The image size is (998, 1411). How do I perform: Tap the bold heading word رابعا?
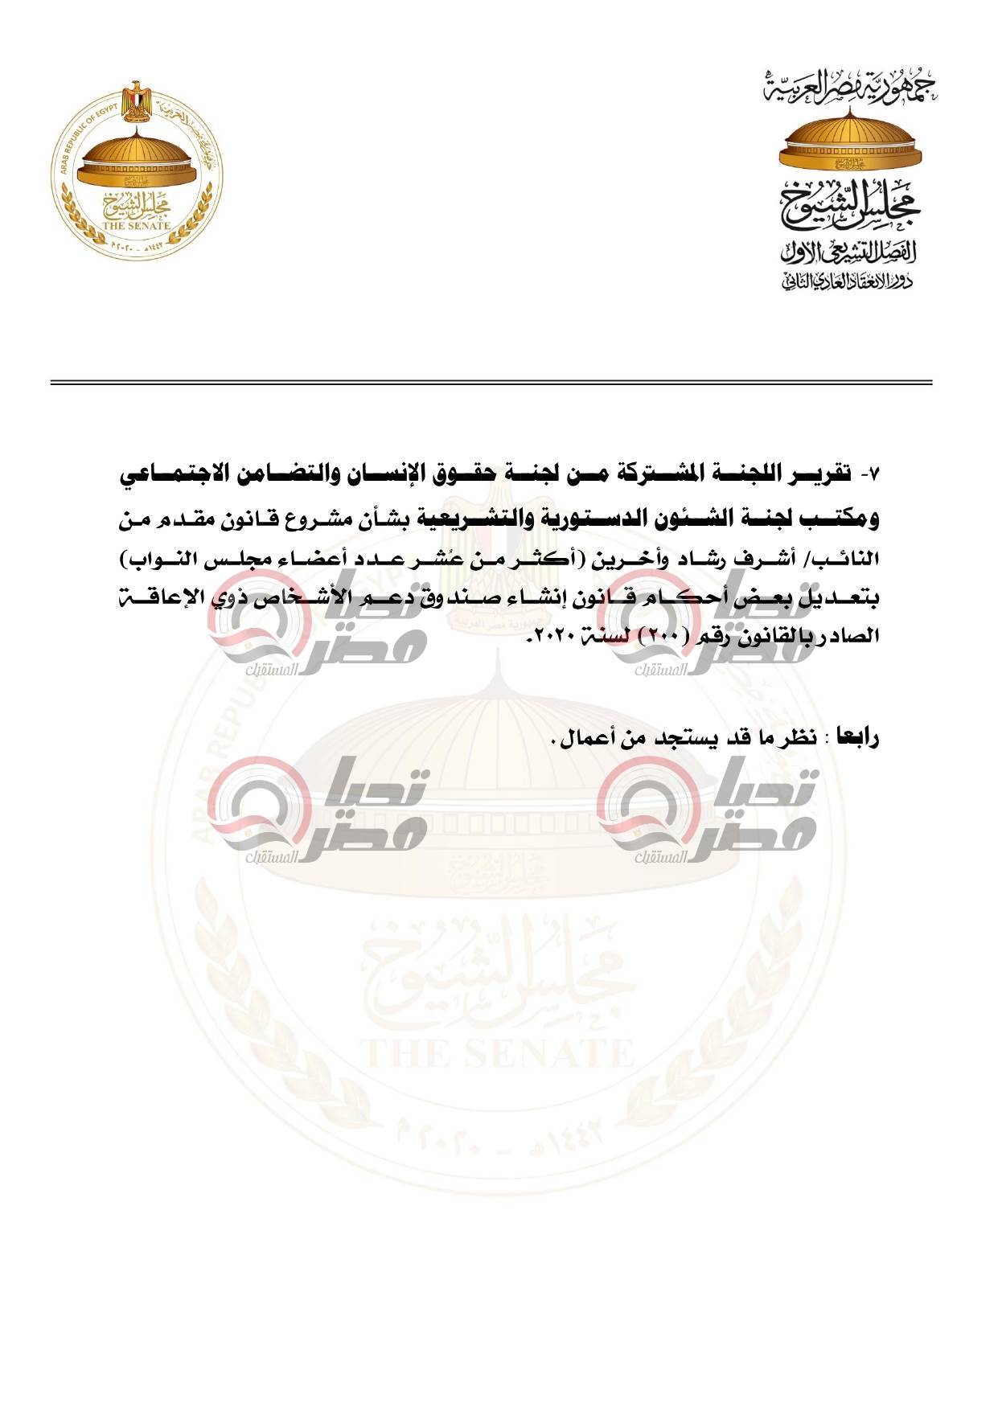point(858,738)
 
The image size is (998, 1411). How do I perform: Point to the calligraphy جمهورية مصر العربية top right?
point(852,87)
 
